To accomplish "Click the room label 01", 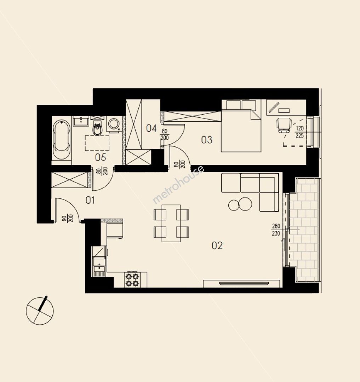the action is pyautogui.click(x=90, y=200).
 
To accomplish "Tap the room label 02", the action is pyautogui.click(x=217, y=245).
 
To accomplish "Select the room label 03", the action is pyautogui.click(x=207, y=140).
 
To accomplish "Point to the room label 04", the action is pyautogui.click(x=151, y=128).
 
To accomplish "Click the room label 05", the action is pyautogui.click(x=101, y=157).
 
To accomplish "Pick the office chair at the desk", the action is pyautogui.click(x=284, y=125).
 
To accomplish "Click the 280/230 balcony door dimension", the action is pyautogui.click(x=276, y=230).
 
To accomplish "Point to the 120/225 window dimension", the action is pyautogui.click(x=299, y=132).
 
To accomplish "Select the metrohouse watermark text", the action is pyautogui.click(x=178, y=184).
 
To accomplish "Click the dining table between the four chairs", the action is pyautogui.click(x=171, y=223).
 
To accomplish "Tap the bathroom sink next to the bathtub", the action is pyautogui.click(x=81, y=121).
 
